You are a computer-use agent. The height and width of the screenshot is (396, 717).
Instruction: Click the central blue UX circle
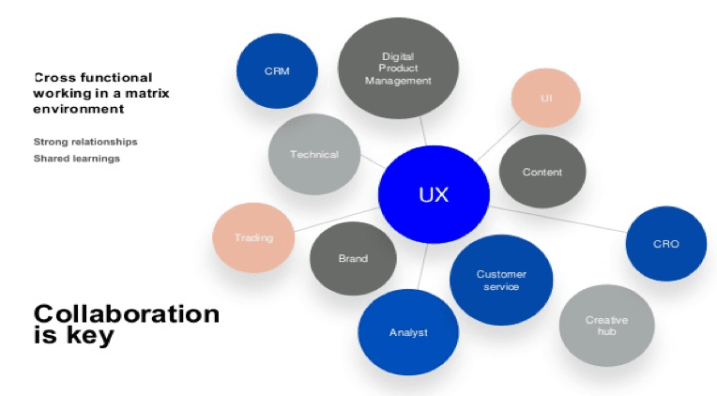click(x=434, y=195)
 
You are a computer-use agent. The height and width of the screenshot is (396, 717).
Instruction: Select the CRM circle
click(x=276, y=71)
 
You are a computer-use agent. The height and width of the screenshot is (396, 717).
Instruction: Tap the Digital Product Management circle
click(x=398, y=68)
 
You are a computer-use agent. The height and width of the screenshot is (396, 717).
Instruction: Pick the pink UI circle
click(x=545, y=99)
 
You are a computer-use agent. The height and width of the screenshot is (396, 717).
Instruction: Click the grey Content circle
click(x=542, y=172)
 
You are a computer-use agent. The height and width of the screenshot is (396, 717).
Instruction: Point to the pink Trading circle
click(x=252, y=237)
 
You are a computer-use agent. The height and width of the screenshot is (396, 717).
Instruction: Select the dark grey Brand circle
click(x=353, y=258)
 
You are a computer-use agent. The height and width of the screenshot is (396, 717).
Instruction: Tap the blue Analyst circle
click(x=408, y=332)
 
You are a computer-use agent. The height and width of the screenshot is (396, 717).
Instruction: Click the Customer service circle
click(x=501, y=280)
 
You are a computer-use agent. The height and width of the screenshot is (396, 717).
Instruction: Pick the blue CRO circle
click(x=665, y=244)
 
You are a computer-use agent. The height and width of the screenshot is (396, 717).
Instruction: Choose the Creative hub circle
click(x=606, y=326)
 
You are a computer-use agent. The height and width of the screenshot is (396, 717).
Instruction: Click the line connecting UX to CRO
click(x=563, y=218)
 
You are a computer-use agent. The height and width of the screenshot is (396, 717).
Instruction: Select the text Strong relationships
click(x=85, y=142)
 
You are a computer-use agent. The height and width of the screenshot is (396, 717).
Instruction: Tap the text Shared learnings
click(x=76, y=158)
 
